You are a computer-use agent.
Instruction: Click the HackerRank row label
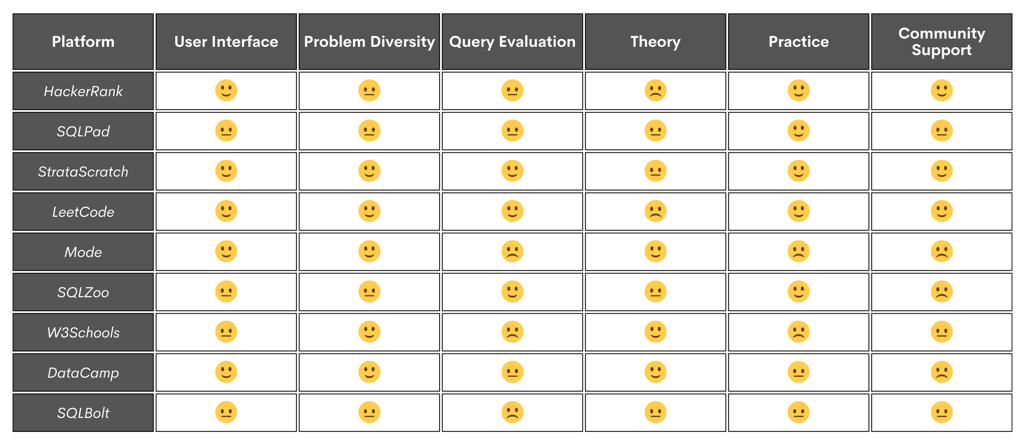click(x=83, y=91)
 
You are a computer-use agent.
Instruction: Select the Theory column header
click(x=655, y=42)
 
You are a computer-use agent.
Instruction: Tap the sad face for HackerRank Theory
click(x=655, y=91)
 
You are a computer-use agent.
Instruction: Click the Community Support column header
click(x=942, y=42)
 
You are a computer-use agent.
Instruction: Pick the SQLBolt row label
click(x=83, y=413)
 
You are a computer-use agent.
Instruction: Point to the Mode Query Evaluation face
click(x=512, y=251)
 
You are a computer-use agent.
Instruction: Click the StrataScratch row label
click(x=83, y=172)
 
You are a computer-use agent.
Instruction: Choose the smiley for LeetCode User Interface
click(x=226, y=211)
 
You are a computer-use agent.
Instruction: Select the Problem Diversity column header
click(x=369, y=42)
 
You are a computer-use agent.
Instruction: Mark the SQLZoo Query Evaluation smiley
click(x=512, y=292)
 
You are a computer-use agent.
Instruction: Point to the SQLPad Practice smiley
click(x=798, y=131)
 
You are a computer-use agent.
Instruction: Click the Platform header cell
click(x=83, y=42)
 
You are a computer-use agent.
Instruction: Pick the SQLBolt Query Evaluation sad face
click(x=512, y=412)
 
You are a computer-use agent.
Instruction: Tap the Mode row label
click(x=83, y=252)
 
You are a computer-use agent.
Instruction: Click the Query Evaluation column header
click(x=512, y=42)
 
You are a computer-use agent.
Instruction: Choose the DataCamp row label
click(x=83, y=373)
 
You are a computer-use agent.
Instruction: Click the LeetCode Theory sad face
click(x=655, y=211)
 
